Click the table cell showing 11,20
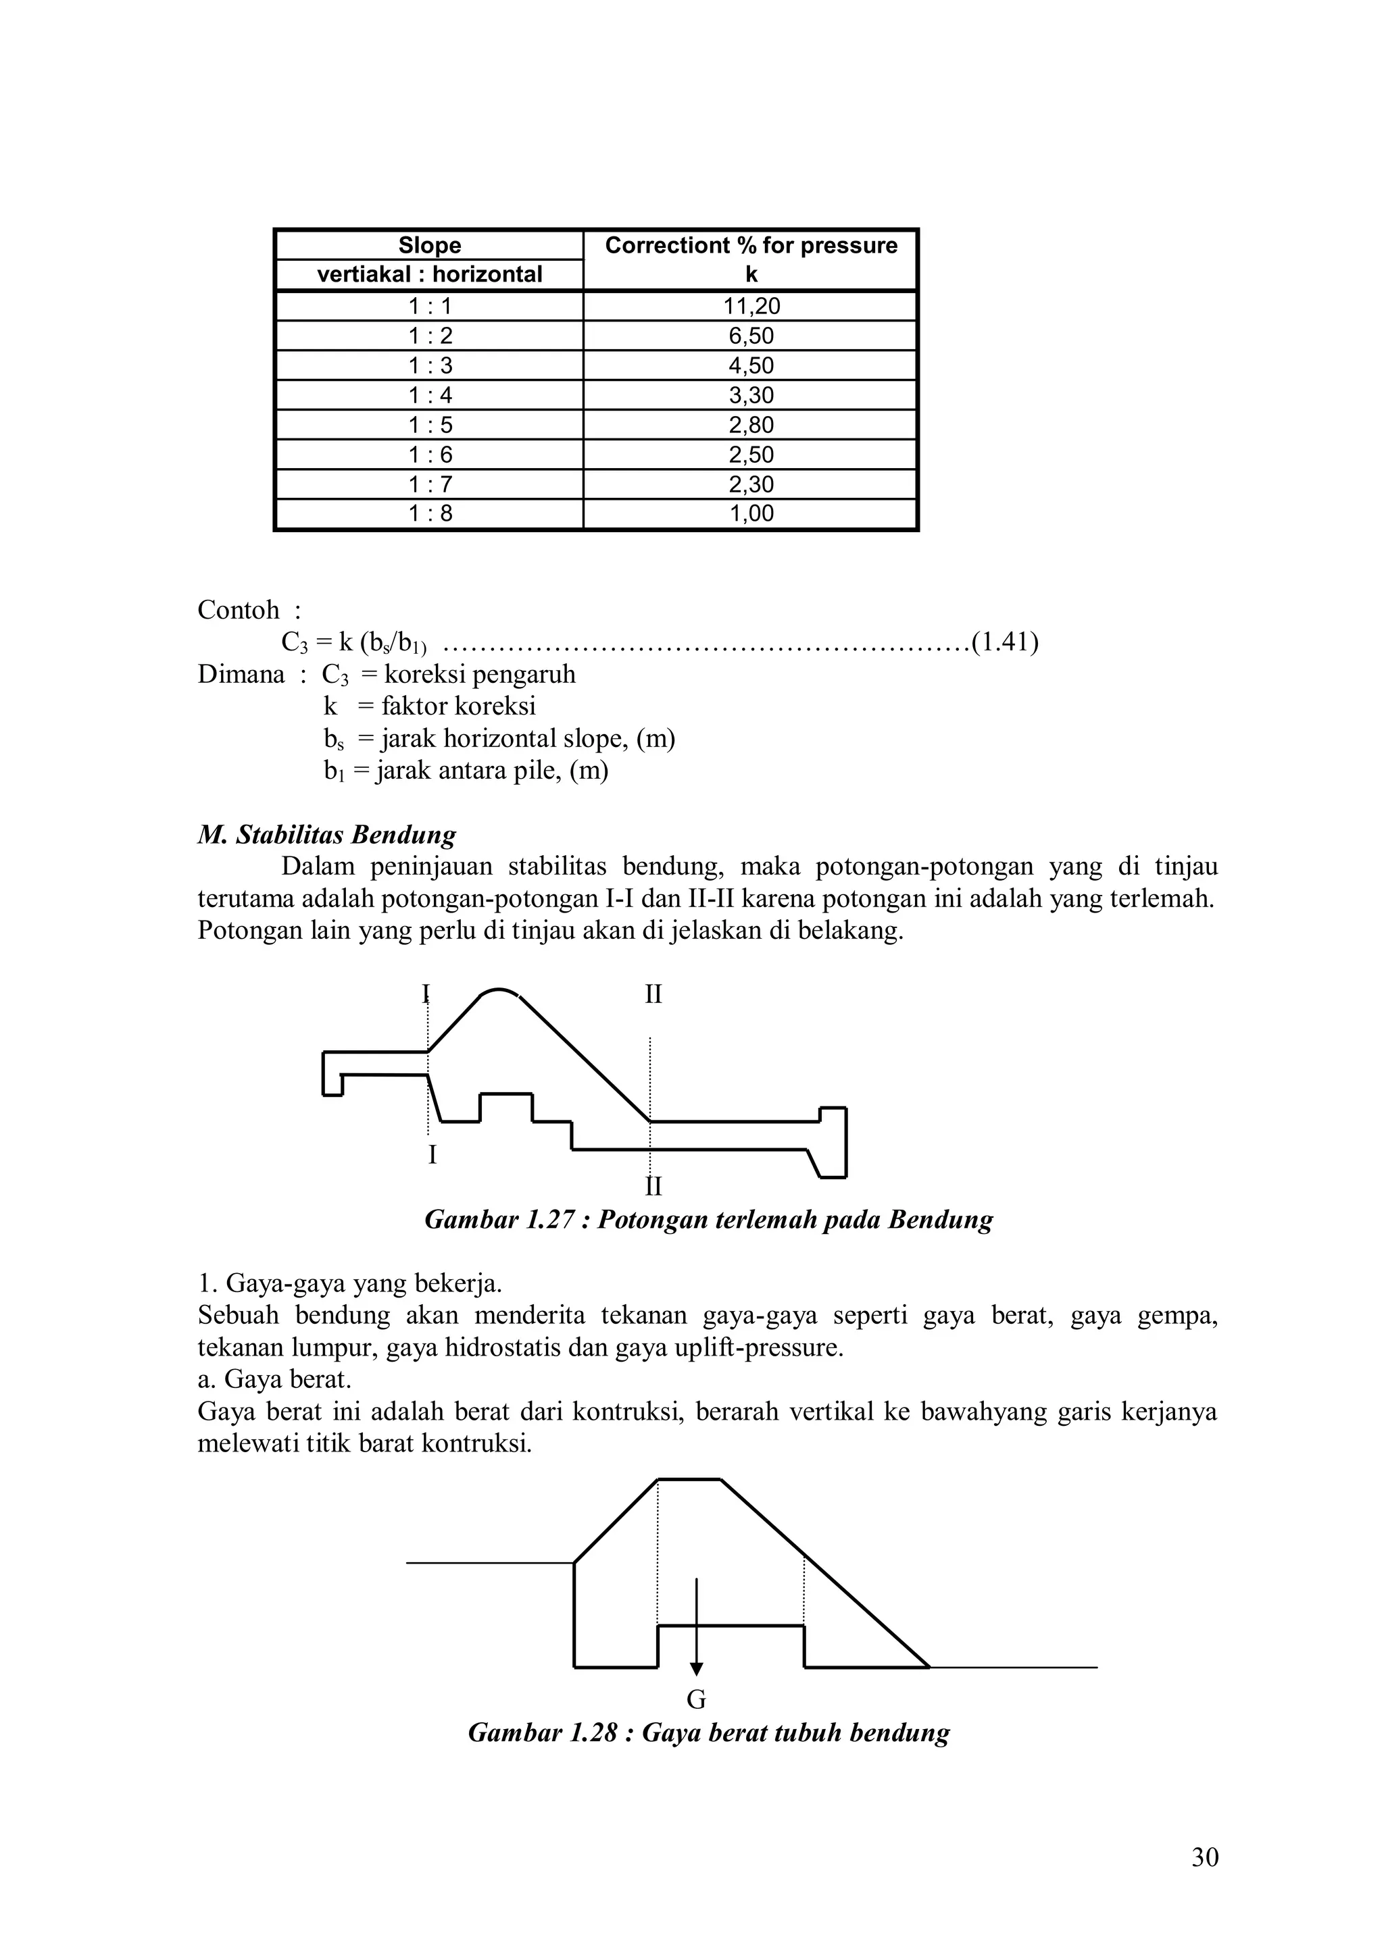pyautogui.click(x=751, y=307)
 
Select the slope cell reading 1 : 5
pyautogui.click(x=430, y=425)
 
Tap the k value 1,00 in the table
pyautogui.click(x=751, y=514)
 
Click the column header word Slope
pyautogui.click(x=430, y=245)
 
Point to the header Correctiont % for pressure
pyautogui.click(x=751, y=245)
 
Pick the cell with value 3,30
pyautogui.click(x=751, y=395)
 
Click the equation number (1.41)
pyautogui.click(x=1005, y=642)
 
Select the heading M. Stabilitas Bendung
pyautogui.click(x=326, y=834)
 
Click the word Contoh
pyautogui.click(x=239, y=610)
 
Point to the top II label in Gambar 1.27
pyautogui.click(x=653, y=994)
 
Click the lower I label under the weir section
pyautogui.click(x=432, y=1155)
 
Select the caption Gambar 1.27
pyautogui.click(x=708, y=1220)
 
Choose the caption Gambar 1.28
pyautogui.click(x=708, y=1733)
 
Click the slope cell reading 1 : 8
pyautogui.click(x=430, y=514)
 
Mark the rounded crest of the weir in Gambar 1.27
pyautogui.click(x=499, y=992)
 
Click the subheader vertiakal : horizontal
pyautogui.click(x=430, y=274)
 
